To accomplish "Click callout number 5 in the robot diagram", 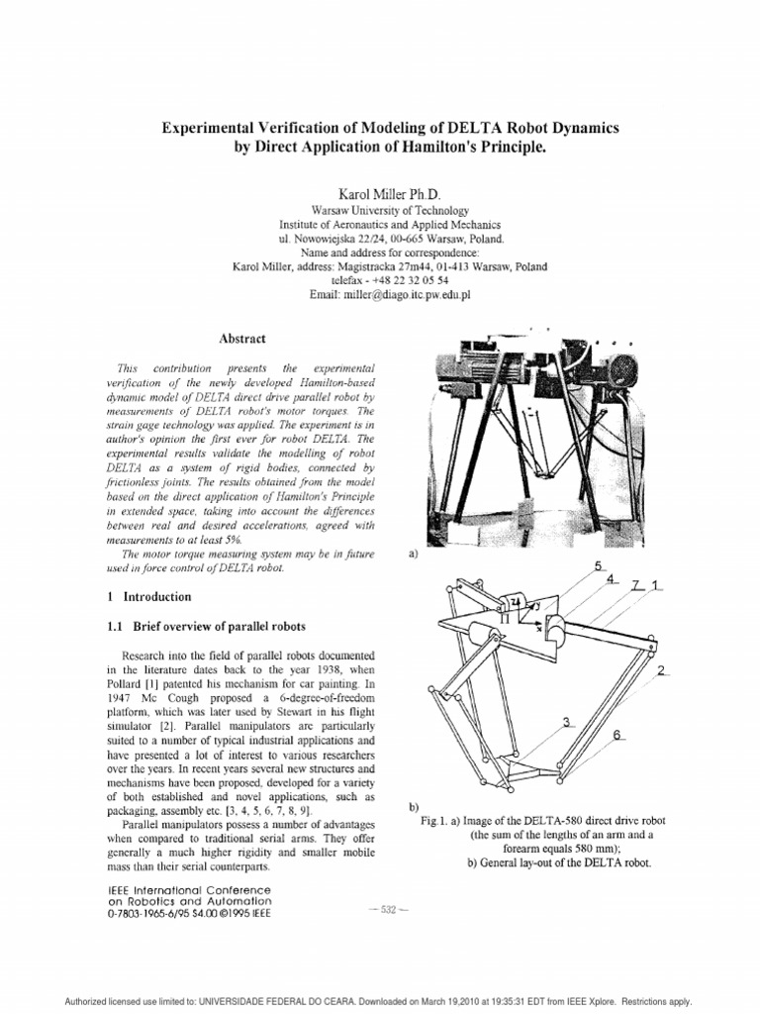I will [598, 565].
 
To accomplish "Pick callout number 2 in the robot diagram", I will [659, 670].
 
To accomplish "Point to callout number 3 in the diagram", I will [567, 723].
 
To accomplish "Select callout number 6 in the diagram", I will [617, 735].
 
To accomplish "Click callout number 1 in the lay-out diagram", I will [655, 586].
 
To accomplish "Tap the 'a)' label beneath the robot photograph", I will [414, 557].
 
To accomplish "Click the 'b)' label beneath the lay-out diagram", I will [414, 808].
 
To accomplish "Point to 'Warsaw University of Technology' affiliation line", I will [380, 212].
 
